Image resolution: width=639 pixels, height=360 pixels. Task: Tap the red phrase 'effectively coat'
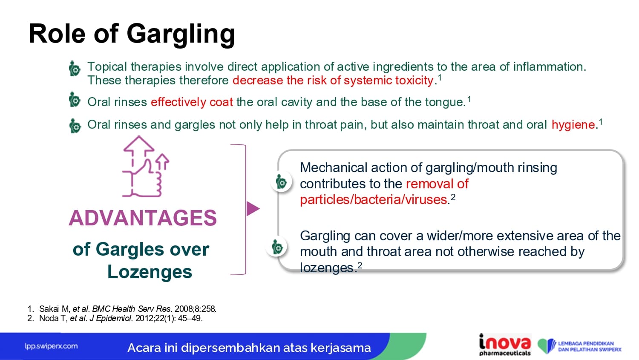click(192, 102)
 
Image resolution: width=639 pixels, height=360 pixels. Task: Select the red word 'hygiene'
click(573, 125)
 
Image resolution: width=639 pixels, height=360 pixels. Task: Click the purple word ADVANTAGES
click(143, 218)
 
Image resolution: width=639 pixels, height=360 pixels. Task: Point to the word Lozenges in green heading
click(150, 271)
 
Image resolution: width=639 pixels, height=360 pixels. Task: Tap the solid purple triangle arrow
click(253, 208)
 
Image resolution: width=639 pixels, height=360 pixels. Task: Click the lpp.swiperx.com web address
click(51, 346)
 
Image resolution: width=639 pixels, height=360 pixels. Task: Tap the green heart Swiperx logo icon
click(546, 346)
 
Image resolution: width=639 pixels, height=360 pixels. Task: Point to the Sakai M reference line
click(122, 309)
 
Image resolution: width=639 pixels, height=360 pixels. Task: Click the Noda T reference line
click(115, 318)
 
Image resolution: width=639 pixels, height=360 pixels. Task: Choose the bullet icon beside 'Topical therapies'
click(75, 69)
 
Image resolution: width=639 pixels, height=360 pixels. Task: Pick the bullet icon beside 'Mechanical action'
click(281, 182)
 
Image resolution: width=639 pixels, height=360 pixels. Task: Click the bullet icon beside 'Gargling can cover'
click(277, 247)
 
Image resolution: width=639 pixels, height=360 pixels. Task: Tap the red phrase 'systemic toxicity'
click(389, 81)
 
